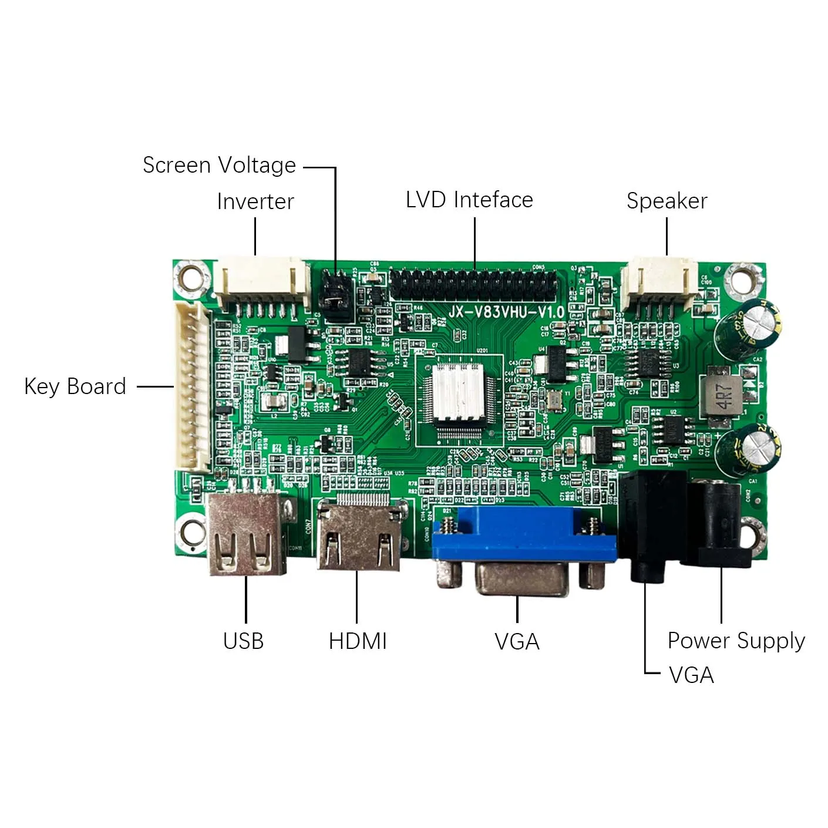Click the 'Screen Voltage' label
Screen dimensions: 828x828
click(x=219, y=166)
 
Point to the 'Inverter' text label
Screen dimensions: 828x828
click(x=255, y=201)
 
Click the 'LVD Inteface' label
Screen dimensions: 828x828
click(x=469, y=200)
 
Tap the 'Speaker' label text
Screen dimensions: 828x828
click(x=667, y=201)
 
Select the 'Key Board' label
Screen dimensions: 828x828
click(x=75, y=386)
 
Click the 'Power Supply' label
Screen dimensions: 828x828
click(x=736, y=641)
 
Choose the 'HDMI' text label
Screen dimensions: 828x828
click(x=358, y=641)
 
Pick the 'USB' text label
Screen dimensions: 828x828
click(x=243, y=641)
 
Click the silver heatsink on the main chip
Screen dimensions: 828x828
click(x=458, y=392)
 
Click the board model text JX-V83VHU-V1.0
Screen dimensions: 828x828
click(x=506, y=312)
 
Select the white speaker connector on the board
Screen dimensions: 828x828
click(x=659, y=282)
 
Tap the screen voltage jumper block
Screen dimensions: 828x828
click(x=336, y=297)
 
